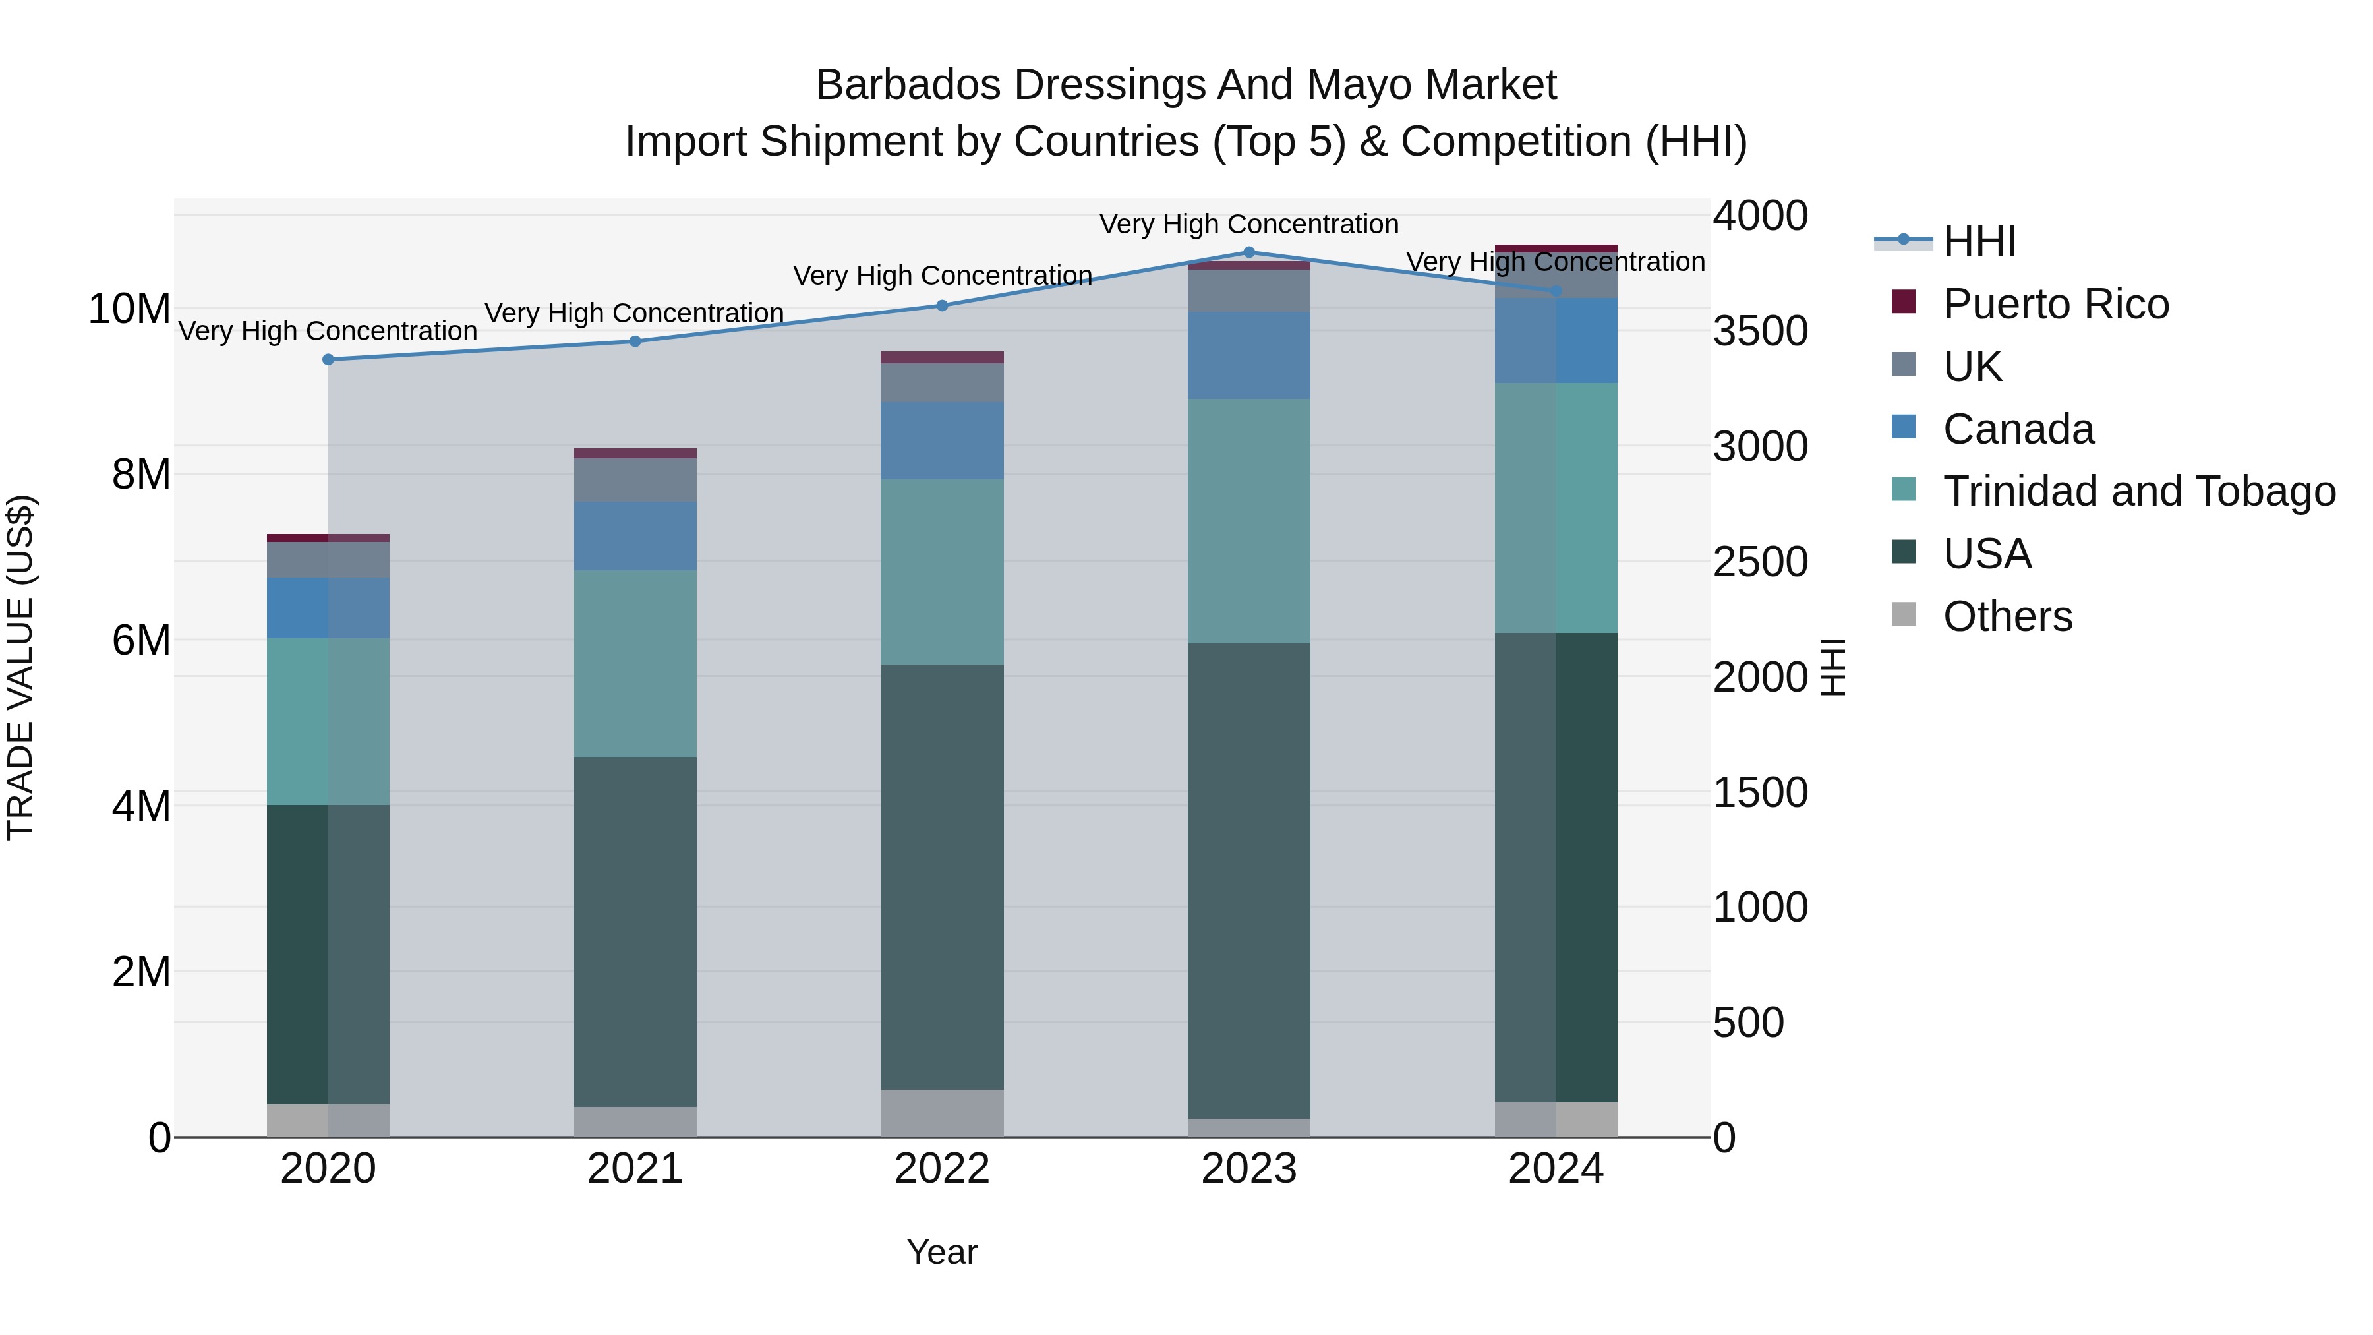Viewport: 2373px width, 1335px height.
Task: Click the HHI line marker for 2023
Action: pos(1249,252)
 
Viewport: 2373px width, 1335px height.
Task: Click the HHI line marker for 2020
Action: pos(329,359)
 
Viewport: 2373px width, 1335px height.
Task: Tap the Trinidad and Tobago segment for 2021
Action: pos(635,663)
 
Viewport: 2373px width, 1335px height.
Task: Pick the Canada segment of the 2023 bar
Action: pos(1248,355)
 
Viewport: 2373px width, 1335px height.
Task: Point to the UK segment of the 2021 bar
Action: pos(635,479)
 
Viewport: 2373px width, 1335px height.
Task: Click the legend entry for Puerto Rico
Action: pos(2055,304)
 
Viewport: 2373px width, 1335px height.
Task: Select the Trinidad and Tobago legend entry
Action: pos(2138,491)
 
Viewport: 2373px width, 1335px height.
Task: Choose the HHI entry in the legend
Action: pos(1979,241)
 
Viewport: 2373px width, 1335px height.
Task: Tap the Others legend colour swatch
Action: pos(1903,614)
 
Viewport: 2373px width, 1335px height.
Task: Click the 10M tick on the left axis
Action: pos(129,309)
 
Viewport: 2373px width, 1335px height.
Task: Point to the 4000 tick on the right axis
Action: pos(1759,216)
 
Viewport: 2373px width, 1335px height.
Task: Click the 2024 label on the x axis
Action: pos(1555,1169)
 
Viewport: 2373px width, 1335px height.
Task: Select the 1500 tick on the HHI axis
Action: pos(1759,792)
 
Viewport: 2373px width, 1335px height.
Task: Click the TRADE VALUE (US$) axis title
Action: pos(20,667)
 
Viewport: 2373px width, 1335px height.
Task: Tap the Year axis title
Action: pos(941,1252)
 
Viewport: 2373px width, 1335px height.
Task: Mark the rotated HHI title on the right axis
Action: pos(1833,667)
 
